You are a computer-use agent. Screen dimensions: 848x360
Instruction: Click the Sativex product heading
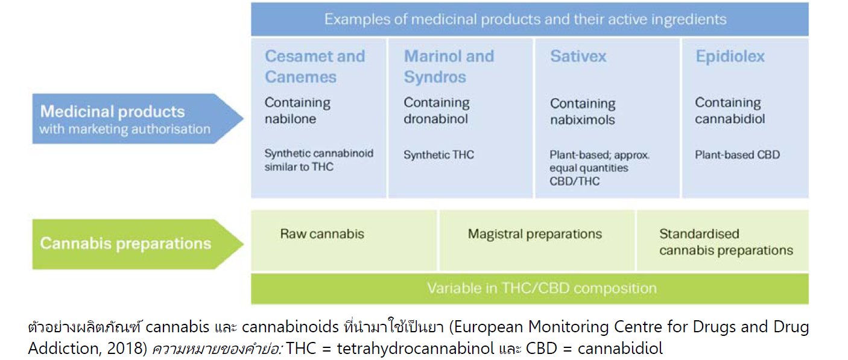(578, 57)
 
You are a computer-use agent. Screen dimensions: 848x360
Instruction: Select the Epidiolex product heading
(730, 57)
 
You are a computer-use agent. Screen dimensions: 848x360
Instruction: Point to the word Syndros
(435, 77)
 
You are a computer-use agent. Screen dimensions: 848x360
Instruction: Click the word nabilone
(290, 119)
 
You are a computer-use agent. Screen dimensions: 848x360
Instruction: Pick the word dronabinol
(435, 119)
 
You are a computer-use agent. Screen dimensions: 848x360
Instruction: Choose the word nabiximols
(582, 120)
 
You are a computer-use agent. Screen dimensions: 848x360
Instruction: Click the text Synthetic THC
(438, 155)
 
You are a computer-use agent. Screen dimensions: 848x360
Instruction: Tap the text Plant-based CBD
(737, 155)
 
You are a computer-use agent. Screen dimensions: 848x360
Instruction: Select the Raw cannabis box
(343, 240)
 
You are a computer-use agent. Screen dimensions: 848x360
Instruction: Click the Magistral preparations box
(537, 240)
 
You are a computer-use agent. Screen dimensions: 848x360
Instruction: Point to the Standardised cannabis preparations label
(726, 242)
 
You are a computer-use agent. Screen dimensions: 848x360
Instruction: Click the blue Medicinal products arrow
(137, 118)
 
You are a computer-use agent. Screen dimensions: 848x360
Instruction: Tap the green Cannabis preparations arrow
(137, 244)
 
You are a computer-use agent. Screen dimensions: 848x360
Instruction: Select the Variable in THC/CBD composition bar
(530, 288)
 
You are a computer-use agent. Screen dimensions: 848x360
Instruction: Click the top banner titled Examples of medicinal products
(530, 19)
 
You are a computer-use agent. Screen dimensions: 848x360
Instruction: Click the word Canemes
(300, 77)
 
